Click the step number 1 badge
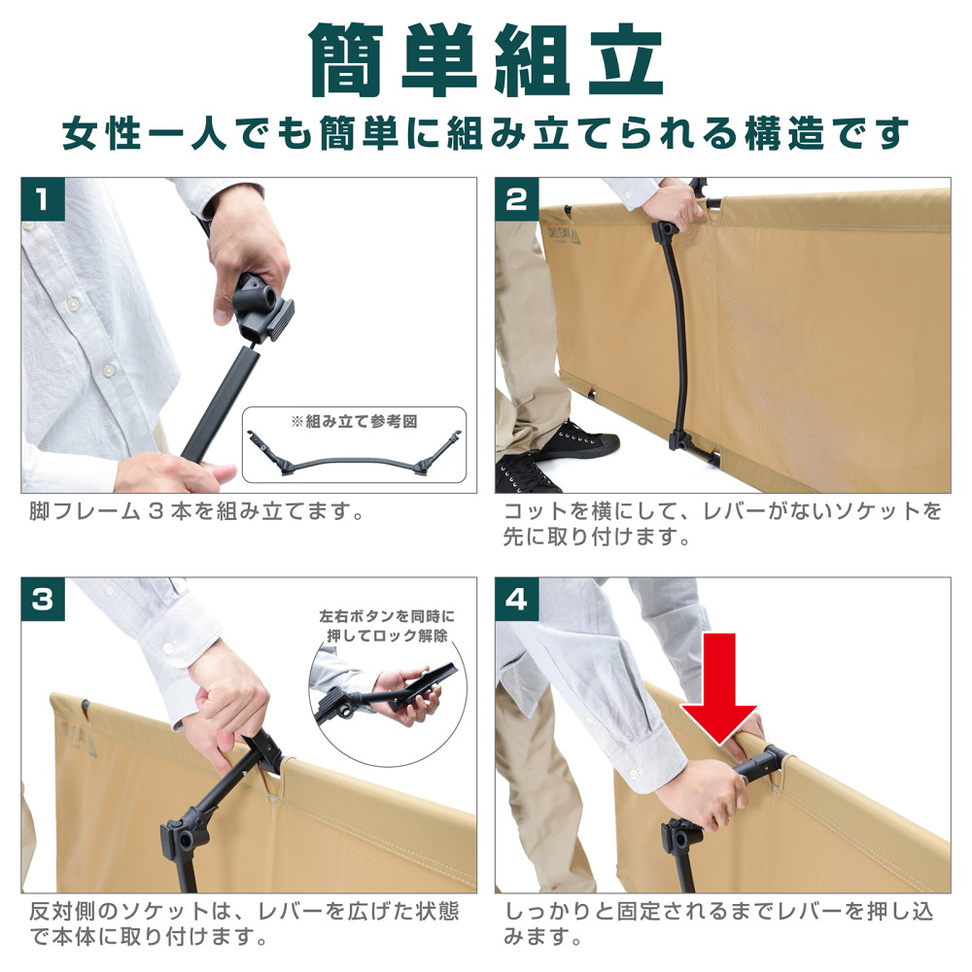point(43,199)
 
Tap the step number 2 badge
point(516,199)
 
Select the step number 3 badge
point(43,600)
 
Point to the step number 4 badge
point(516,600)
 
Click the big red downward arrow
point(719,688)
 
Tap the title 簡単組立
point(487,60)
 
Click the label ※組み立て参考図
point(354,422)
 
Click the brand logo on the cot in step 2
point(564,234)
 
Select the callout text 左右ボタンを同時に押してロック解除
point(387,626)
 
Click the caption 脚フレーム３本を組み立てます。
point(196,512)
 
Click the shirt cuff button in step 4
point(634,775)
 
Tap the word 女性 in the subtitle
point(103,133)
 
